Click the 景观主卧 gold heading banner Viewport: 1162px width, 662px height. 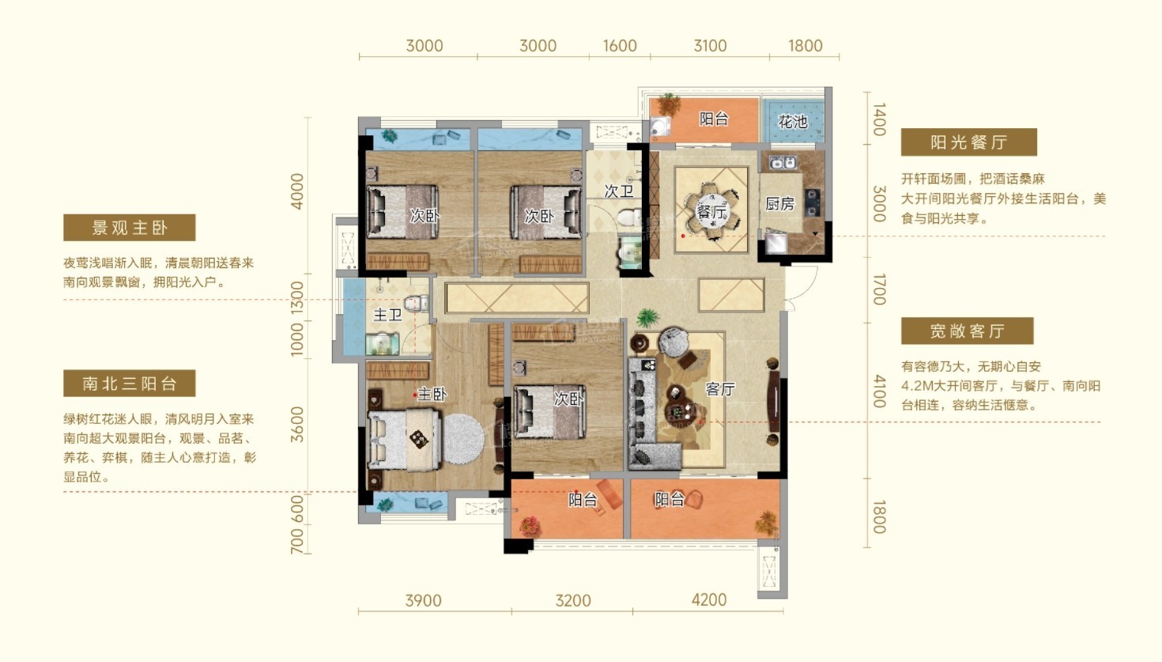coord(129,228)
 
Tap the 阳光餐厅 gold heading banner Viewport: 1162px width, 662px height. coord(968,142)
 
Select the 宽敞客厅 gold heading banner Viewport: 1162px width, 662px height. coord(967,331)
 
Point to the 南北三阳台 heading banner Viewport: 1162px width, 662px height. coord(129,383)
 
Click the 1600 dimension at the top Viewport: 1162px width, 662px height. coord(620,46)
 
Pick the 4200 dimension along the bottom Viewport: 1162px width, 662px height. coord(708,600)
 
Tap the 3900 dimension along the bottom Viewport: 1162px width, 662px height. coord(424,601)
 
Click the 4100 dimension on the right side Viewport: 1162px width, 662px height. coord(879,391)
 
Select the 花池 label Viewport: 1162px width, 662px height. coord(792,122)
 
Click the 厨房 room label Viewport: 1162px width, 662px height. coord(779,204)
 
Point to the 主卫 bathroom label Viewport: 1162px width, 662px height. coord(387,315)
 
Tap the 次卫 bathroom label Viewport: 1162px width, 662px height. coord(619,191)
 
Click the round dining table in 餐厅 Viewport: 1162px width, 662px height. coord(711,210)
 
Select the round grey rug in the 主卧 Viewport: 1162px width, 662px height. coord(464,439)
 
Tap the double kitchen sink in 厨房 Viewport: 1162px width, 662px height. coord(783,163)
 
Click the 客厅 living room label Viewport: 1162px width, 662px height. coord(719,389)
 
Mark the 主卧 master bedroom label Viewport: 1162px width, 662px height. coord(432,395)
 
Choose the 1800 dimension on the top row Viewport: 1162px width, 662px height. coord(805,46)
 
